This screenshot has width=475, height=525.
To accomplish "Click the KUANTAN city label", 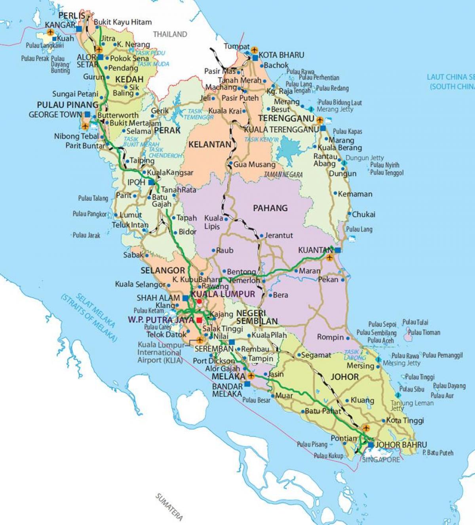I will coord(315,250).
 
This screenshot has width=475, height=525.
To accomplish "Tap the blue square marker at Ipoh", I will coord(151,183).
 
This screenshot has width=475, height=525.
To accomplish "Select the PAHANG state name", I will coord(270,208).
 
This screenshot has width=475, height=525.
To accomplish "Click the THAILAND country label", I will coord(170,34).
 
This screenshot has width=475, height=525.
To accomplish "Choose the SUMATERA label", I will coord(169,506).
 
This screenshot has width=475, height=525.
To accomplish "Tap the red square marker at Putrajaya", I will coord(199,320).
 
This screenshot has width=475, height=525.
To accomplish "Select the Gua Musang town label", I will coord(254,164).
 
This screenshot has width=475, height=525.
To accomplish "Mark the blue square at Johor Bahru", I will coord(370,445).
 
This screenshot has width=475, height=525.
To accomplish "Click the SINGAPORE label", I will coord(381,459).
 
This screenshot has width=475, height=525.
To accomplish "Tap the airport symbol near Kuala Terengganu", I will coord(320,119).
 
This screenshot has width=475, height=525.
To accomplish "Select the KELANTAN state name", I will coord(209,145).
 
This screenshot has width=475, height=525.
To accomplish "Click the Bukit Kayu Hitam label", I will coord(123,22).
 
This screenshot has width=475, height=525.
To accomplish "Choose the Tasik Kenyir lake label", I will coord(261,139).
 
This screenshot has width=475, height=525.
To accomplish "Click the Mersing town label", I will coord(360,365).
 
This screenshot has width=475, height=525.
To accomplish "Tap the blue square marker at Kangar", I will coord(79,29).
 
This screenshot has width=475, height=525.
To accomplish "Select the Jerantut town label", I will coord(279,235).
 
